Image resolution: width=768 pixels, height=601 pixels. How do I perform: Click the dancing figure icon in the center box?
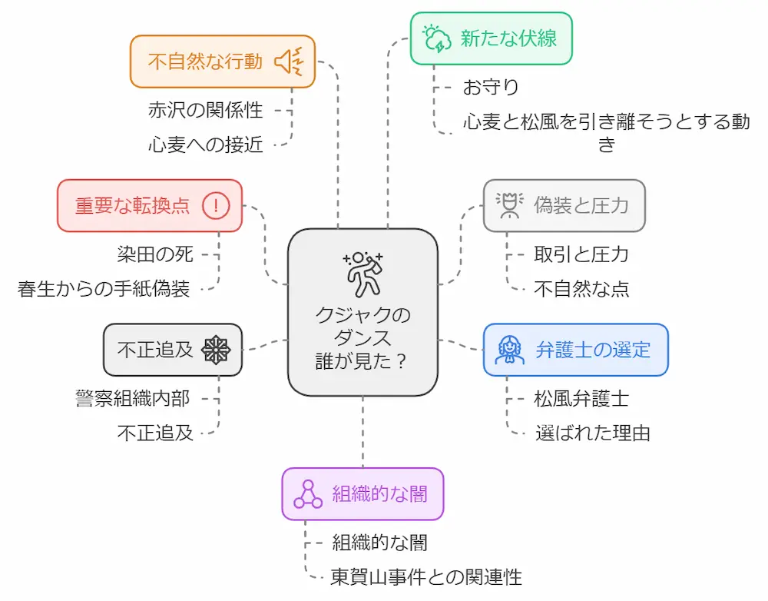click(x=362, y=272)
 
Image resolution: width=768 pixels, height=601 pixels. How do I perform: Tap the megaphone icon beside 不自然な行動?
click(x=290, y=61)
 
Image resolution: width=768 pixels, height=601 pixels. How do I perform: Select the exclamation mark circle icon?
click(x=217, y=205)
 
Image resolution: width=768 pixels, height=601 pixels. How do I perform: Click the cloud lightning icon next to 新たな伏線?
click(x=436, y=38)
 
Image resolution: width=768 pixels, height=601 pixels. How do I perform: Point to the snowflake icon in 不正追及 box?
click(x=216, y=350)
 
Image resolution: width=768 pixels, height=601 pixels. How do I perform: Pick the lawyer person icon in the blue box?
click(x=509, y=350)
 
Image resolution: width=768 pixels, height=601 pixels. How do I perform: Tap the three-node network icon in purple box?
click(x=308, y=494)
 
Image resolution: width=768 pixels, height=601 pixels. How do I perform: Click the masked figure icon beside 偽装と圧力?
click(x=508, y=205)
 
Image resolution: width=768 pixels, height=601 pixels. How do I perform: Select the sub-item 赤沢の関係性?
click(x=205, y=110)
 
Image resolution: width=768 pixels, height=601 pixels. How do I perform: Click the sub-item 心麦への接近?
click(x=205, y=144)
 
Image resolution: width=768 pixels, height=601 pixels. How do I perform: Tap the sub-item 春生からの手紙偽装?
click(x=104, y=288)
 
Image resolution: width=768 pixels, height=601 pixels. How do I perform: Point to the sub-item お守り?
click(x=491, y=88)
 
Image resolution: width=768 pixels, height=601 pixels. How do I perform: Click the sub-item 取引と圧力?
click(x=581, y=254)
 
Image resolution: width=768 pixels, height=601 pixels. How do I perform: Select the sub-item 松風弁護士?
click(x=581, y=398)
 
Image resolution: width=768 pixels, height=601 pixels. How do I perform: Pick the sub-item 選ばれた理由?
click(x=592, y=432)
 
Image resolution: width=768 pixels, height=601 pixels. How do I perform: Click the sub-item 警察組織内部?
click(x=132, y=398)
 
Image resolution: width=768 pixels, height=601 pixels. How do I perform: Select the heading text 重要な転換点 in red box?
click(x=132, y=206)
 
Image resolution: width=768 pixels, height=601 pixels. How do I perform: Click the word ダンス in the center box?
click(x=362, y=338)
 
